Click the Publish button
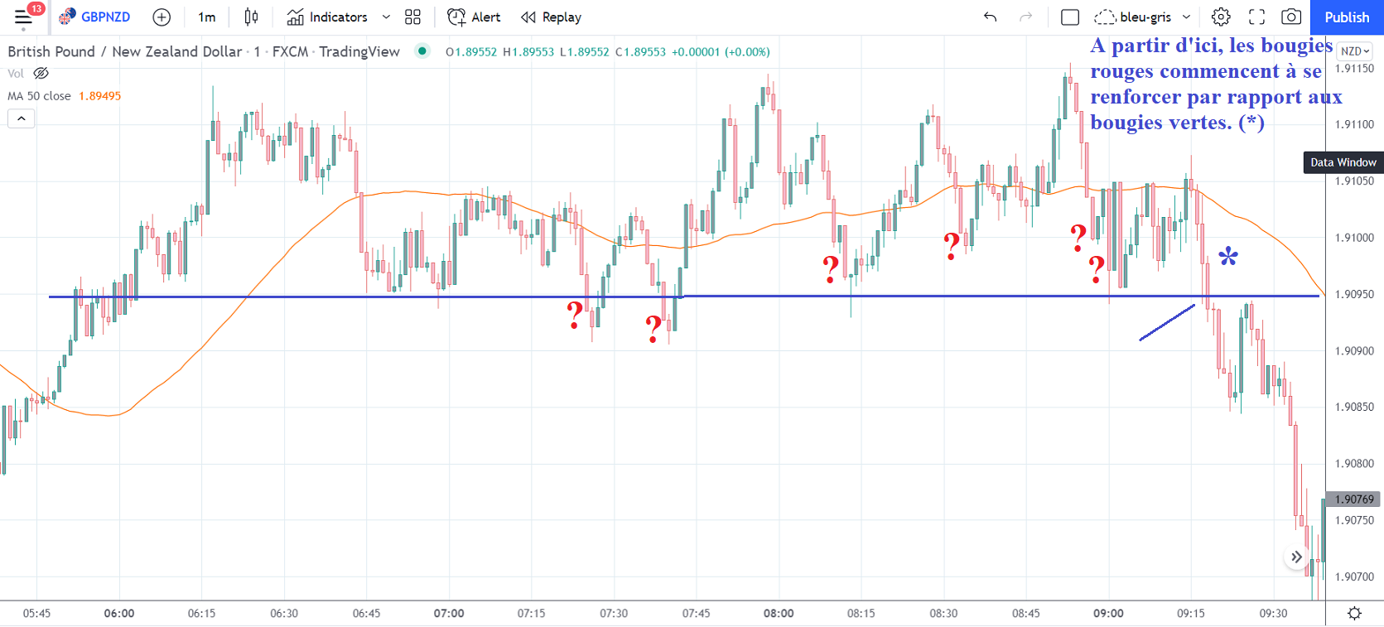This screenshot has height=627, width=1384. [x=1347, y=17]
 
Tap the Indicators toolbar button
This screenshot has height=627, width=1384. [x=328, y=17]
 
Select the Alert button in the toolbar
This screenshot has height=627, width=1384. [x=474, y=17]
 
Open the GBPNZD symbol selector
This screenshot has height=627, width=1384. [x=96, y=17]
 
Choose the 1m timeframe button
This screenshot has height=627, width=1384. [x=206, y=17]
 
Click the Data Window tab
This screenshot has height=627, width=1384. [x=1343, y=162]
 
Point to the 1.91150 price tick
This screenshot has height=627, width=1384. [x=1354, y=69]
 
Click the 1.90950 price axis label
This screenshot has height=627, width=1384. [x=1354, y=294]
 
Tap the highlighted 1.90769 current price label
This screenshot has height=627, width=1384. [x=1354, y=499]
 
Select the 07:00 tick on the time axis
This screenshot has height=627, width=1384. [x=449, y=614]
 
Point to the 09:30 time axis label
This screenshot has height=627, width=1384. [x=1273, y=614]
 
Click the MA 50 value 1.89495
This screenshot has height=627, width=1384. [x=99, y=96]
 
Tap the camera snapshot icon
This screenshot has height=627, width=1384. [x=1290, y=17]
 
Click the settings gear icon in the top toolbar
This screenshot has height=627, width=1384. [x=1220, y=17]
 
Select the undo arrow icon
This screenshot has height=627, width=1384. [x=990, y=17]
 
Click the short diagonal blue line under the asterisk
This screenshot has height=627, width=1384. [x=1167, y=323]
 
